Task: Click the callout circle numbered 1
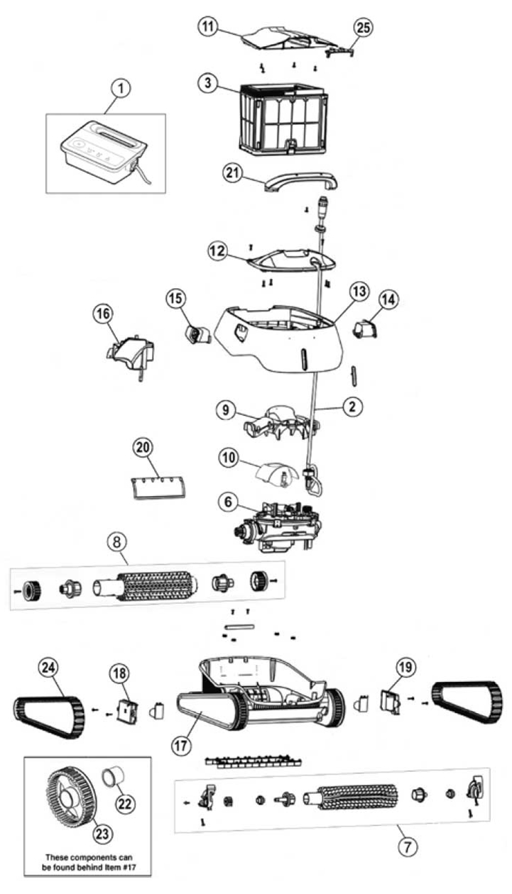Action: [x=121, y=88]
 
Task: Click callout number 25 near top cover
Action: [x=363, y=28]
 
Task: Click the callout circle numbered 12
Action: [x=218, y=251]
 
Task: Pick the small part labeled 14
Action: [x=364, y=330]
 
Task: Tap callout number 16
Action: [x=104, y=314]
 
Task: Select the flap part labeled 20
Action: [x=158, y=487]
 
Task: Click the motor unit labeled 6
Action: [x=278, y=526]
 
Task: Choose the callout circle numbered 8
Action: [x=117, y=541]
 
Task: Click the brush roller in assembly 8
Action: [x=146, y=586]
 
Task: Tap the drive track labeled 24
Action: [x=49, y=717]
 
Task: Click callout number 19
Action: [x=406, y=667]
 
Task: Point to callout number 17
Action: [x=181, y=745]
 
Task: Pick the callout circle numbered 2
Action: [x=352, y=407]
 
